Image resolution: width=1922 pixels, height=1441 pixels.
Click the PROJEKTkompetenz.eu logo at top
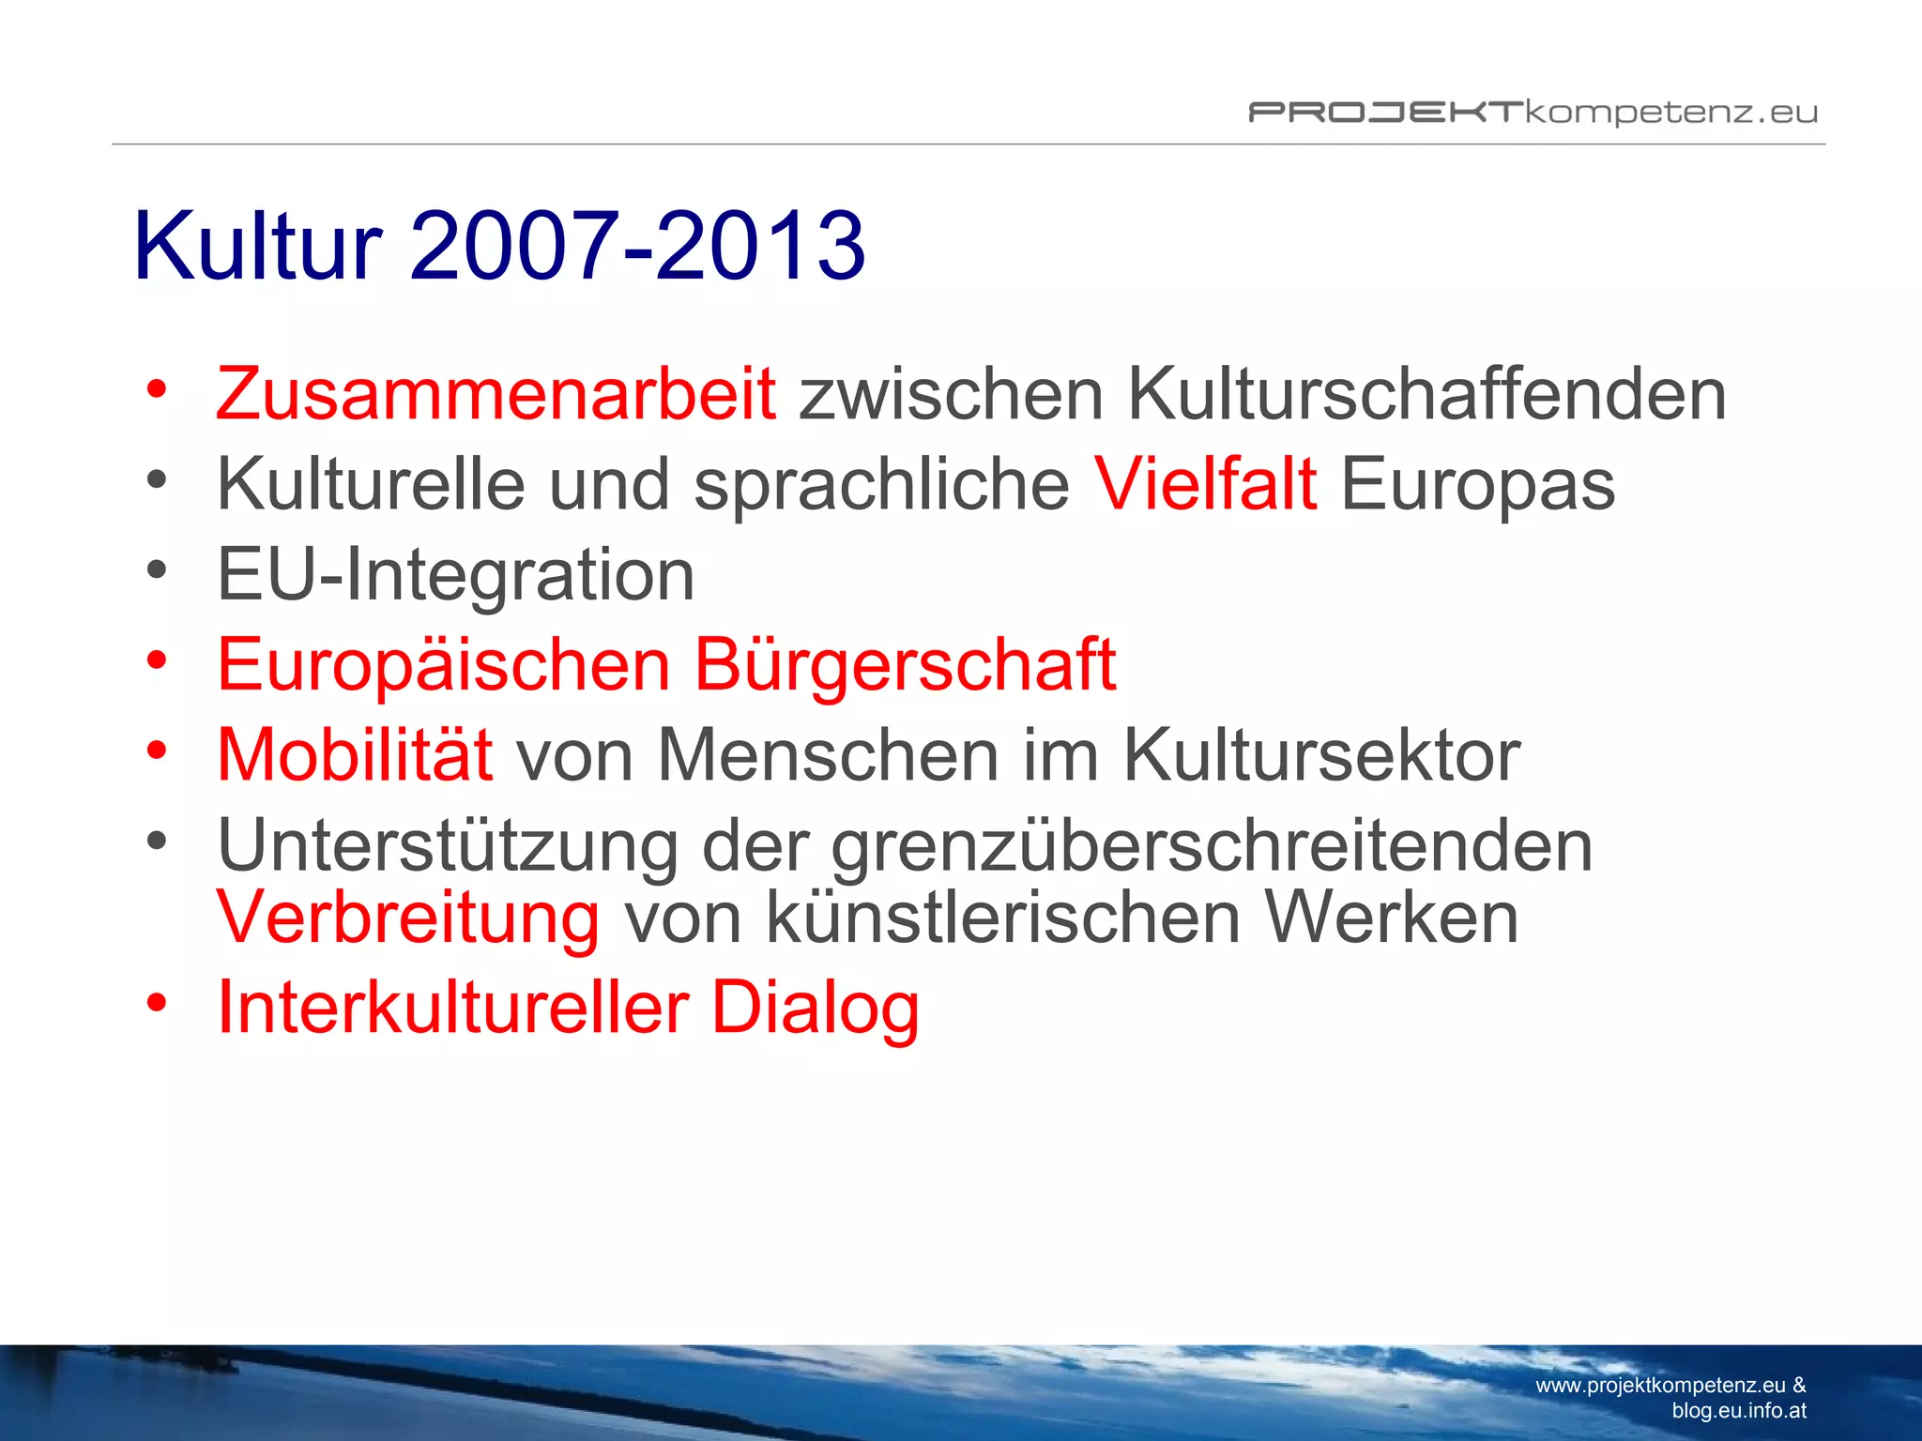[x=1533, y=113]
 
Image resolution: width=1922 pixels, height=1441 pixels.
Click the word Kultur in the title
[x=258, y=246]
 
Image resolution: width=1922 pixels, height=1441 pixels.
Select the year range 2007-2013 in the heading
[x=637, y=246]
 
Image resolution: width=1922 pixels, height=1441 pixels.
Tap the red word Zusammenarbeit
[x=496, y=394]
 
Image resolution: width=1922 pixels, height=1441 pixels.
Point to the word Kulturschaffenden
[x=1426, y=394]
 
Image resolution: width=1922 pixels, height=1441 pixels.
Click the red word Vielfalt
[x=1206, y=484]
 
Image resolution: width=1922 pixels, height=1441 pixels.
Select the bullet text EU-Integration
[x=456, y=574]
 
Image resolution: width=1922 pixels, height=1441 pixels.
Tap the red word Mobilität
[x=355, y=755]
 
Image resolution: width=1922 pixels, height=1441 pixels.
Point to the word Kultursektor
[x=1321, y=755]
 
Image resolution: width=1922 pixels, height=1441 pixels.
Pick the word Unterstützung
[x=448, y=846]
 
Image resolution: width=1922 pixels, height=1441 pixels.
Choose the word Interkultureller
[x=453, y=1008]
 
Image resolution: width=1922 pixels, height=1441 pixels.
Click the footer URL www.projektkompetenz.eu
[x=1660, y=1386]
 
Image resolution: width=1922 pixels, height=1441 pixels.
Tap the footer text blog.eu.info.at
[x=1739, y=1410]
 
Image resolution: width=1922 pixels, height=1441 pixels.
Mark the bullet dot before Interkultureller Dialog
[x=157, y=1001]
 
